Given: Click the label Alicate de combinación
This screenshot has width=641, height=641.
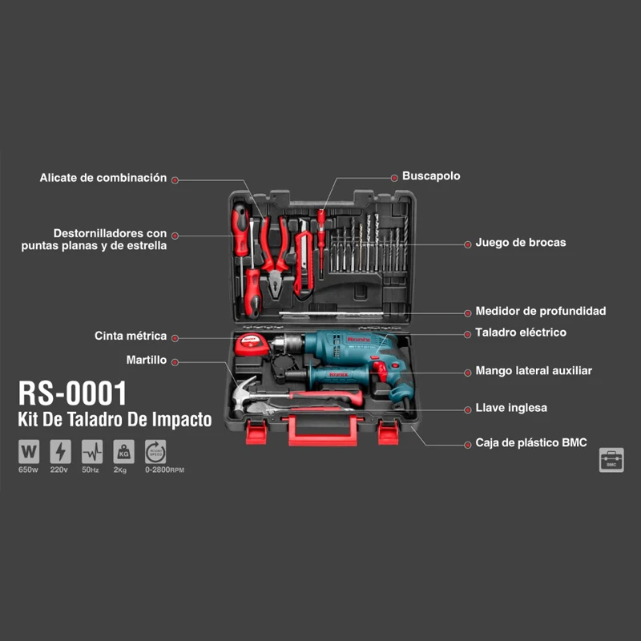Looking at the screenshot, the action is click(x=103, y=178).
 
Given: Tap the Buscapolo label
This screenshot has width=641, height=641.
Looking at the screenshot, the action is click(x=431, y=176).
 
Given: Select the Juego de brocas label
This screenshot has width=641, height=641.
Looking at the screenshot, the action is click(x=521, y=242).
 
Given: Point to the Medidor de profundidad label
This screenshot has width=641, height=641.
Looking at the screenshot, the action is click(x=541, y=311).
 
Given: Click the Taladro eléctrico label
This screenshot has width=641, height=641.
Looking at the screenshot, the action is click(x=521, y=332).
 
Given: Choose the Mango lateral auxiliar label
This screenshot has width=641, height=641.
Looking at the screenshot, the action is click(x=534, y=371).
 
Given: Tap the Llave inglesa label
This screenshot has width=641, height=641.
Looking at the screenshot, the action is click(x=511, y=408).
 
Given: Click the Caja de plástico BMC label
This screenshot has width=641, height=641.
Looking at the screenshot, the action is click(x=530, y=442).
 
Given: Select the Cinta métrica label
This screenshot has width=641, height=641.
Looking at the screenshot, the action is click(x=131, y=337).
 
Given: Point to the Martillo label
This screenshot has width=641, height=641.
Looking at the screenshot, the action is click(x=147, y=361).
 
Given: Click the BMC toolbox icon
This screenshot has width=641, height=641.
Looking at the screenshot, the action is click(x=611, y=460).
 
